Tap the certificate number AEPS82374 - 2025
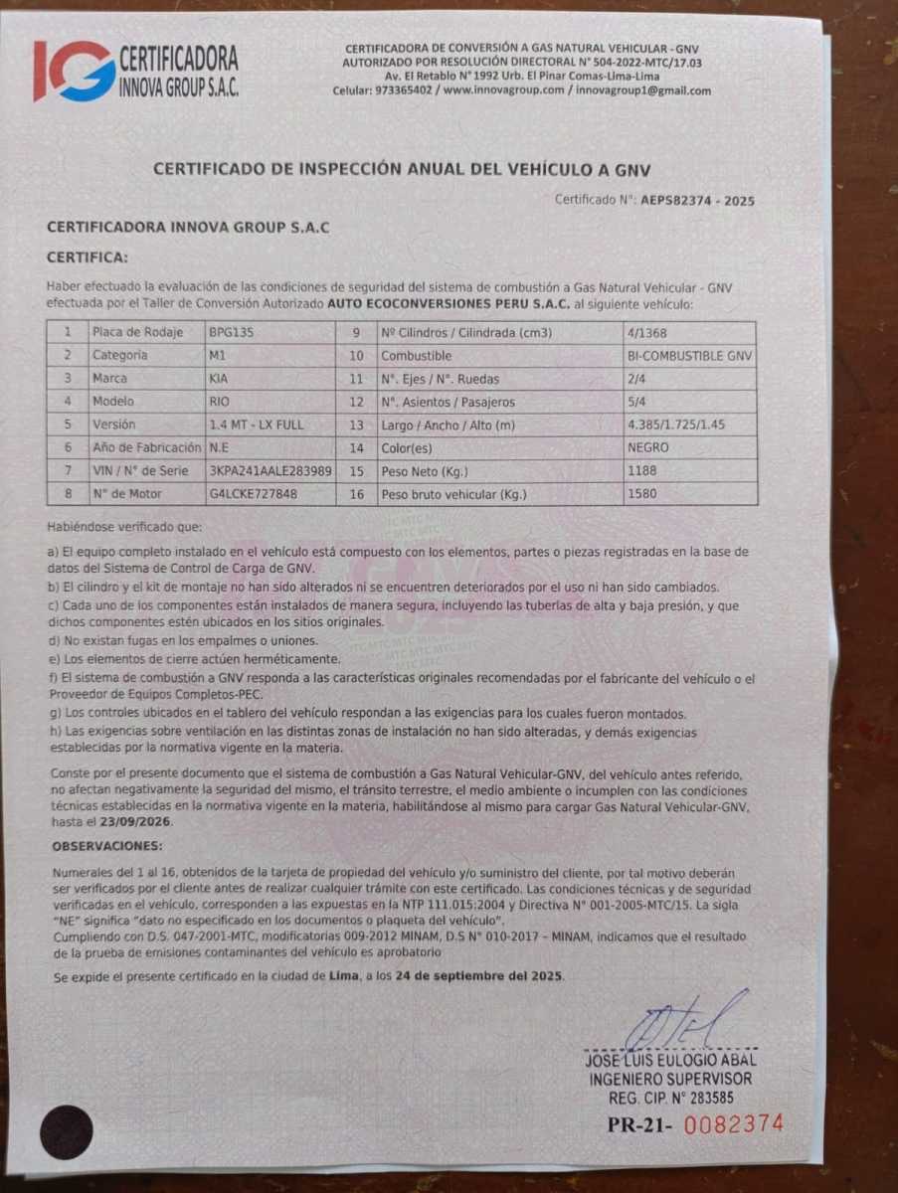697,200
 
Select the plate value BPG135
232,332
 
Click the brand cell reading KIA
220,378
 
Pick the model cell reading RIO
220,401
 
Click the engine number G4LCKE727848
253,493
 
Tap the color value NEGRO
648,447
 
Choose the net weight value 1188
642,470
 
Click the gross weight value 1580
642,494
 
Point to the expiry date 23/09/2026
136,823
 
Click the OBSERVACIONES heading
107,845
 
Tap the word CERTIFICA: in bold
88,257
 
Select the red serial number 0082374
735,1124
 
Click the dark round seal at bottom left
67,1131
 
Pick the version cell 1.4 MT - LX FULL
257,425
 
